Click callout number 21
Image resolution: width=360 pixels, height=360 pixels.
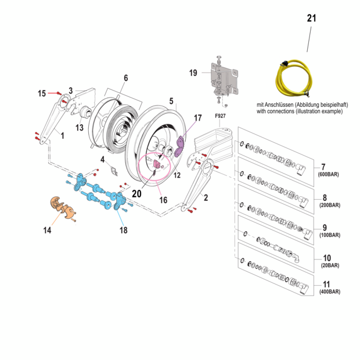312,19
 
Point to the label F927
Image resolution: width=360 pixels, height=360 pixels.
219,116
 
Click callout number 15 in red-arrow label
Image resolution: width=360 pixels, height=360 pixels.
42,93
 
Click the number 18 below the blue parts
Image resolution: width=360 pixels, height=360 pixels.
123,231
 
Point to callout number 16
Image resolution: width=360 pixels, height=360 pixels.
163,200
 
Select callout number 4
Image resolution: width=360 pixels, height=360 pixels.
103,159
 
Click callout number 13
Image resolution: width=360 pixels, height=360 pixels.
79,127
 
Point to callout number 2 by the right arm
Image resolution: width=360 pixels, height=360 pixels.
206,197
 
